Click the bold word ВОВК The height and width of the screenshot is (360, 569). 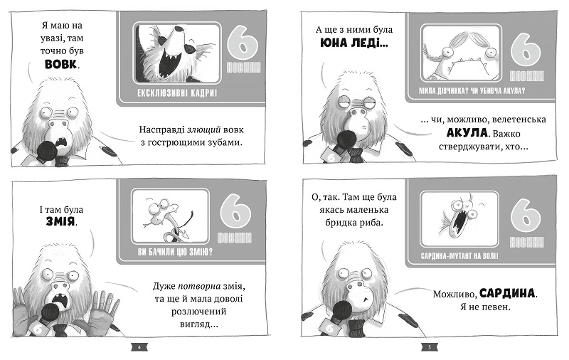(60, 64)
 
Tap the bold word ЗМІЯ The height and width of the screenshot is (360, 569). (60, 221)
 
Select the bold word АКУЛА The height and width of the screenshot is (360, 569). (467, 133)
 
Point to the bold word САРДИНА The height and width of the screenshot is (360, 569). (507, 293)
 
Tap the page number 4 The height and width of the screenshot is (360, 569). (139, 347)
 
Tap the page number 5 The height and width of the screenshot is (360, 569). (430, 347)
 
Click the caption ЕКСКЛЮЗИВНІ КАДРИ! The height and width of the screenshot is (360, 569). (177, 93)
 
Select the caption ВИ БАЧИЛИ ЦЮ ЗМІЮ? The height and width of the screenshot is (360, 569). (175, 251)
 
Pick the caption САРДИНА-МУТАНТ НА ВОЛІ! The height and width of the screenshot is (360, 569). (459, 256)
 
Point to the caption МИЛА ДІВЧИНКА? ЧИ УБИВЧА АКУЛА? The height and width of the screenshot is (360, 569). (472, 91)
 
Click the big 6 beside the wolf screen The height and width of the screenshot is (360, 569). (243, 42)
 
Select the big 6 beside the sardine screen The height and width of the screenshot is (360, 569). (525, 216)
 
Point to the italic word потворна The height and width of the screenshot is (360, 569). (199, 286)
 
